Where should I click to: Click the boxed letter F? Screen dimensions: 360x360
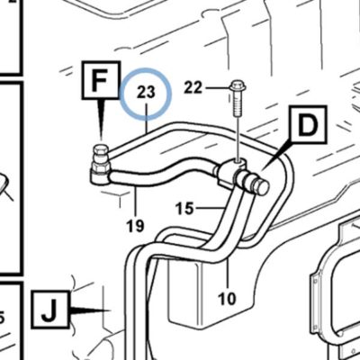point(101,80)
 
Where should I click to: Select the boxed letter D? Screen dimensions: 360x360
point(308,124)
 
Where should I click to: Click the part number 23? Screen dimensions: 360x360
point(146,93)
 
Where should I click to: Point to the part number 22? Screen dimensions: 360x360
point(193,88)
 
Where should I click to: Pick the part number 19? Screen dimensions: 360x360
point(135,226)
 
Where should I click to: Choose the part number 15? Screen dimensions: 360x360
point(184,208)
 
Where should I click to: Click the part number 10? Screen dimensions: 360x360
point(227,299)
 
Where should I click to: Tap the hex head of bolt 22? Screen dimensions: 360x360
point(238,85)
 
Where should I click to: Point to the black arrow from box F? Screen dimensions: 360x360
point(101,120)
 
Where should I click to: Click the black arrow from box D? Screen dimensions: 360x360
point(276,157)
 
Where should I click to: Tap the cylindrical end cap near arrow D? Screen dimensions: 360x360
point(261,186)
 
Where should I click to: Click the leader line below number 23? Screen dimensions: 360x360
point(147,118)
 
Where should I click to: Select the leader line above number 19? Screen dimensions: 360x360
point(136,202)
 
